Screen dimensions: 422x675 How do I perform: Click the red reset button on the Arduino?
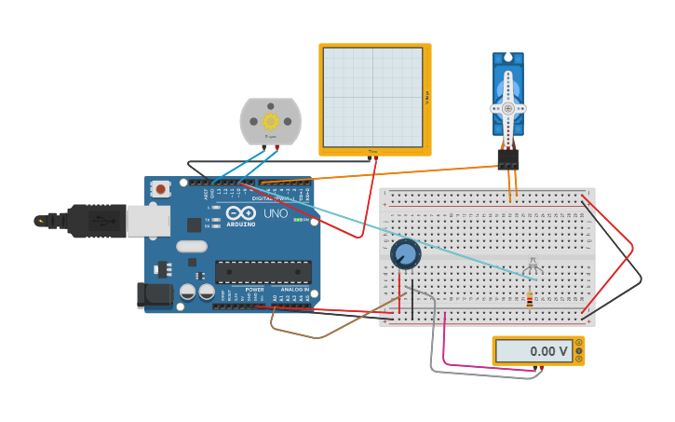(160, 189)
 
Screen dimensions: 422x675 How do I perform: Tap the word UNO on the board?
(276, 213)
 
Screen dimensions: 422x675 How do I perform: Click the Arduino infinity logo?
(240, 212)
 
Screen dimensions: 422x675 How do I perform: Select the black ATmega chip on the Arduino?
(263, 271)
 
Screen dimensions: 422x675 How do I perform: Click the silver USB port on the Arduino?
(147, 221)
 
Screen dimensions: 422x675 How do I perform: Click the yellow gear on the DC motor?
(271, 121)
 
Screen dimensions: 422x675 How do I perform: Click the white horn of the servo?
(508, 107)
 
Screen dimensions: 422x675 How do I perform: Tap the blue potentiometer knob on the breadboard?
(406, 253)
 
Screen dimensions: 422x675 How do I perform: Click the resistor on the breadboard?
(530, 299)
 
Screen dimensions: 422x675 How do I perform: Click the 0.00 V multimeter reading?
(548, 351)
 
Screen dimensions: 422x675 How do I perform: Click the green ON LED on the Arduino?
(296, 220)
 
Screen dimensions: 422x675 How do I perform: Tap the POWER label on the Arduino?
(254, 289)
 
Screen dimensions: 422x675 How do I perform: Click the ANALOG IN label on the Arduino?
(295, 289)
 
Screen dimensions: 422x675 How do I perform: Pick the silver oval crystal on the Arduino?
(190, 247)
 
